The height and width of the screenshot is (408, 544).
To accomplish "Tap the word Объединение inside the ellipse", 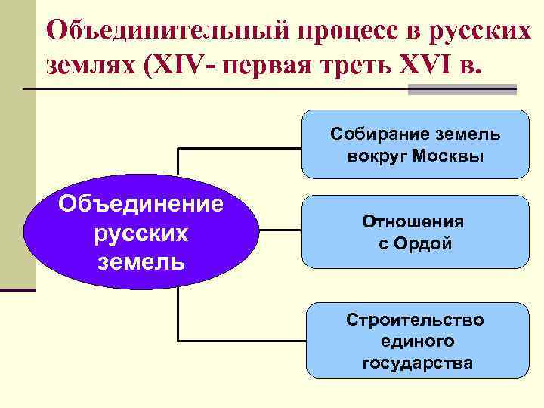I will [141, 204].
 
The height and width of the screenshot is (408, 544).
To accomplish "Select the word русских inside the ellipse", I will [141, 233].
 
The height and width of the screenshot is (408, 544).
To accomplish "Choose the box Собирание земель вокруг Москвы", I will [415, 144].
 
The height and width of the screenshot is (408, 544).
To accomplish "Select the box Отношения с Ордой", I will [415, 232].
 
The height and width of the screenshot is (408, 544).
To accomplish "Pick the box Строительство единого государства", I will [416, 341].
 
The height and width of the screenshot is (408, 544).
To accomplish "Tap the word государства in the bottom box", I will [417, 363].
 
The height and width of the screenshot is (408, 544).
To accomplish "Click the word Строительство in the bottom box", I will [416, 320].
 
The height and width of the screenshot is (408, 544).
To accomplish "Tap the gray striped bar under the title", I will [462, 89].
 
